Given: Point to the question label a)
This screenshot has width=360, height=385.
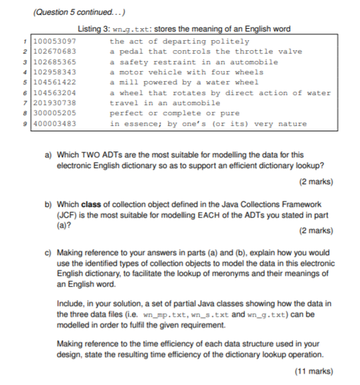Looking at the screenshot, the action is (x=49, y=155).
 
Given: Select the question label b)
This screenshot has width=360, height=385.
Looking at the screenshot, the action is (x=49, y=204).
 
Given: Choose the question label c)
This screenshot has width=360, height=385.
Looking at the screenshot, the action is (x=49, y=253).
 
